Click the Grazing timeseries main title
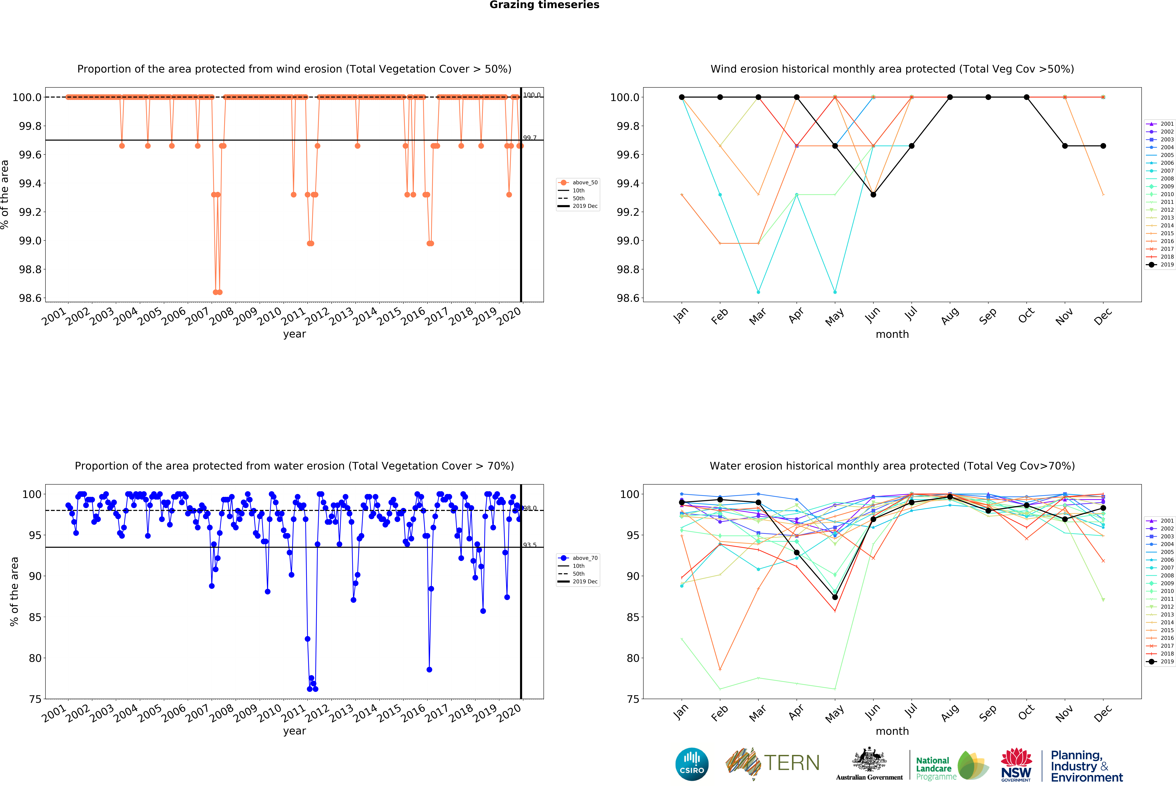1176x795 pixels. click(544, 5)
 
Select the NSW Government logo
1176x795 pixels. click(1016, 765)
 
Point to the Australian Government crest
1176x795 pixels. click(869, 759)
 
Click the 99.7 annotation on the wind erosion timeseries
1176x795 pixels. click(529, 138)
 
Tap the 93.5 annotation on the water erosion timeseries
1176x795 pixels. click(529, 545)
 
